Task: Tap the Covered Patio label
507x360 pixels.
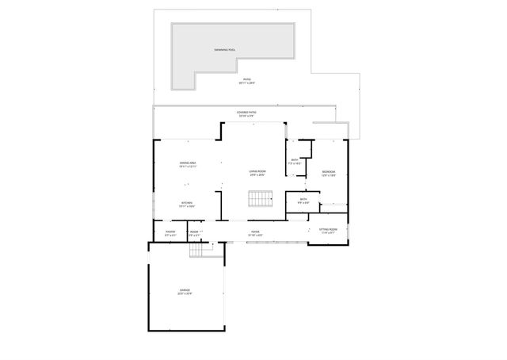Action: coord(246,113)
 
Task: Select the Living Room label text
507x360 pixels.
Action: coord(257,170)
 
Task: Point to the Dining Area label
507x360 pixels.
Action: coord(187,163)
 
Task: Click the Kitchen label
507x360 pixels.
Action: coord(187,203)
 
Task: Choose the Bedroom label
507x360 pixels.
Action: coord(329,171)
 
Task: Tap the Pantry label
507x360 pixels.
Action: coord(170,232)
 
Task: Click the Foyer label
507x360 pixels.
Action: coord(256,232)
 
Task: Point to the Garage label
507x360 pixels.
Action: coord(185,291)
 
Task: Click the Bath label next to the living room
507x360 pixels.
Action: coord(295,160)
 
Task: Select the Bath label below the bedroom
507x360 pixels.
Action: coord(303,199)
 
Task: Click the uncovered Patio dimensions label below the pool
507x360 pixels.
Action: coord(246,83)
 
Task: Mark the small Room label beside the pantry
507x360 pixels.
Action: coord(194,232)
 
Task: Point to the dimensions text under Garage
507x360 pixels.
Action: coord(185,294)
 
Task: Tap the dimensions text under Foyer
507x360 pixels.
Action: coord(256,235)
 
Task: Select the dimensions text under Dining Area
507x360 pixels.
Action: coord(187,167)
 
